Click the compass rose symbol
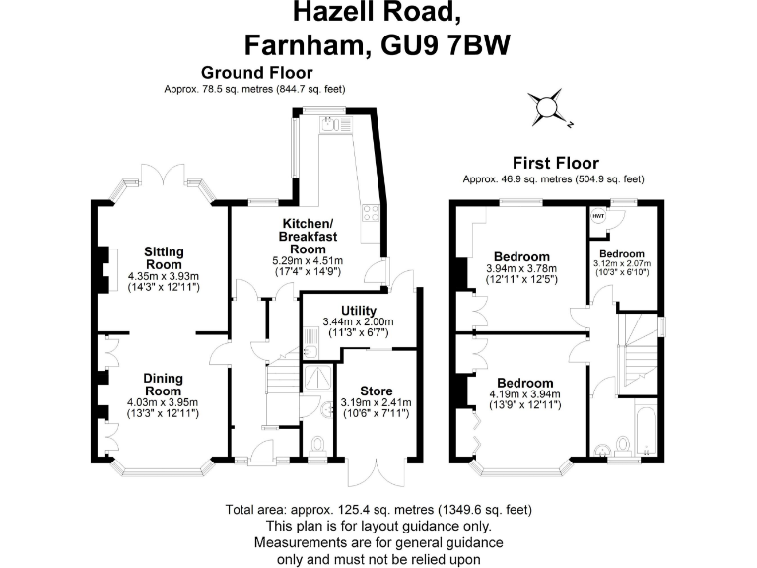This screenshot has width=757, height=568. point(547,107)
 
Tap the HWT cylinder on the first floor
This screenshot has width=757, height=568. point(598,216)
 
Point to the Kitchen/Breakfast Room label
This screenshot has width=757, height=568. point(308,237)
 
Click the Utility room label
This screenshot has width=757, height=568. point(358,310)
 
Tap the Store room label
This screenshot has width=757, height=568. point(377,390)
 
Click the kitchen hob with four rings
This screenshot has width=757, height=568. point(371,213)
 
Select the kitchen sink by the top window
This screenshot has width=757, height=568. point(331,123)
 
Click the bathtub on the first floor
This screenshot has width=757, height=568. point(646,427)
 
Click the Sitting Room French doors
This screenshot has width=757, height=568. point(164,175)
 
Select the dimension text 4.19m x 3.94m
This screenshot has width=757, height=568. point(524,394)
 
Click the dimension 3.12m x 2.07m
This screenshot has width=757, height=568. point(622,263)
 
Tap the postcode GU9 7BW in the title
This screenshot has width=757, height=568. point(446,45)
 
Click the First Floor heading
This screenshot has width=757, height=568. point(556,163)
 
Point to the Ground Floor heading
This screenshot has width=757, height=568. point(257,72)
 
